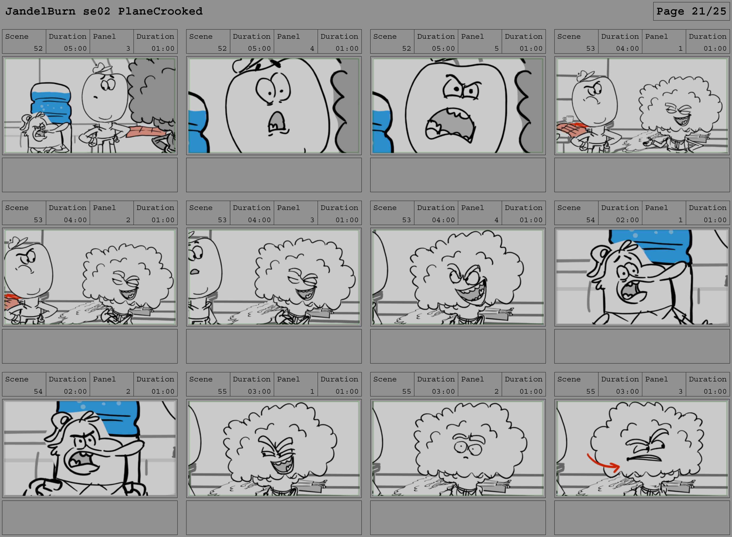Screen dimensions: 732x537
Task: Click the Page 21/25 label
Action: point(691,11)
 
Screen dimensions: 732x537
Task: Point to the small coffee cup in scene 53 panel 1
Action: point(569,118)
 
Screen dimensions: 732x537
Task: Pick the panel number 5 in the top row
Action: point(496,48)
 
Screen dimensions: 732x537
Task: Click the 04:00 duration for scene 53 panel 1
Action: point(627,48)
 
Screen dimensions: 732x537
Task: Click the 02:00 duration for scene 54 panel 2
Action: point(75,391)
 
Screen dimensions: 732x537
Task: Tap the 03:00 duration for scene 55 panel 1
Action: point(259,391)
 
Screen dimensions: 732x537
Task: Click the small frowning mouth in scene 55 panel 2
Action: point(466,457)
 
